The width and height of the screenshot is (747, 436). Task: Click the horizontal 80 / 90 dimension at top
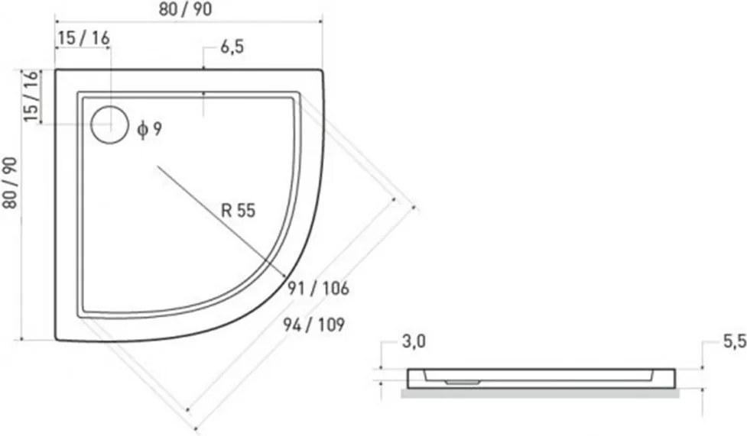coord(185,9)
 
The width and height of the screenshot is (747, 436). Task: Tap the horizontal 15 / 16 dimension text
coord(84,37)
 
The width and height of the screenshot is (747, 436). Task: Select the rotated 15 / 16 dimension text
coord(31,96)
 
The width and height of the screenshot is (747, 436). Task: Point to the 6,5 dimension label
coord(232,47)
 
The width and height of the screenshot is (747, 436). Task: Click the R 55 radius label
coord(239,210)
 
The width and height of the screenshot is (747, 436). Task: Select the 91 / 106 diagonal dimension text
coord(318,288)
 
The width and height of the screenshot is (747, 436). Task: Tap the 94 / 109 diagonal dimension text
coord(314,325)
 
